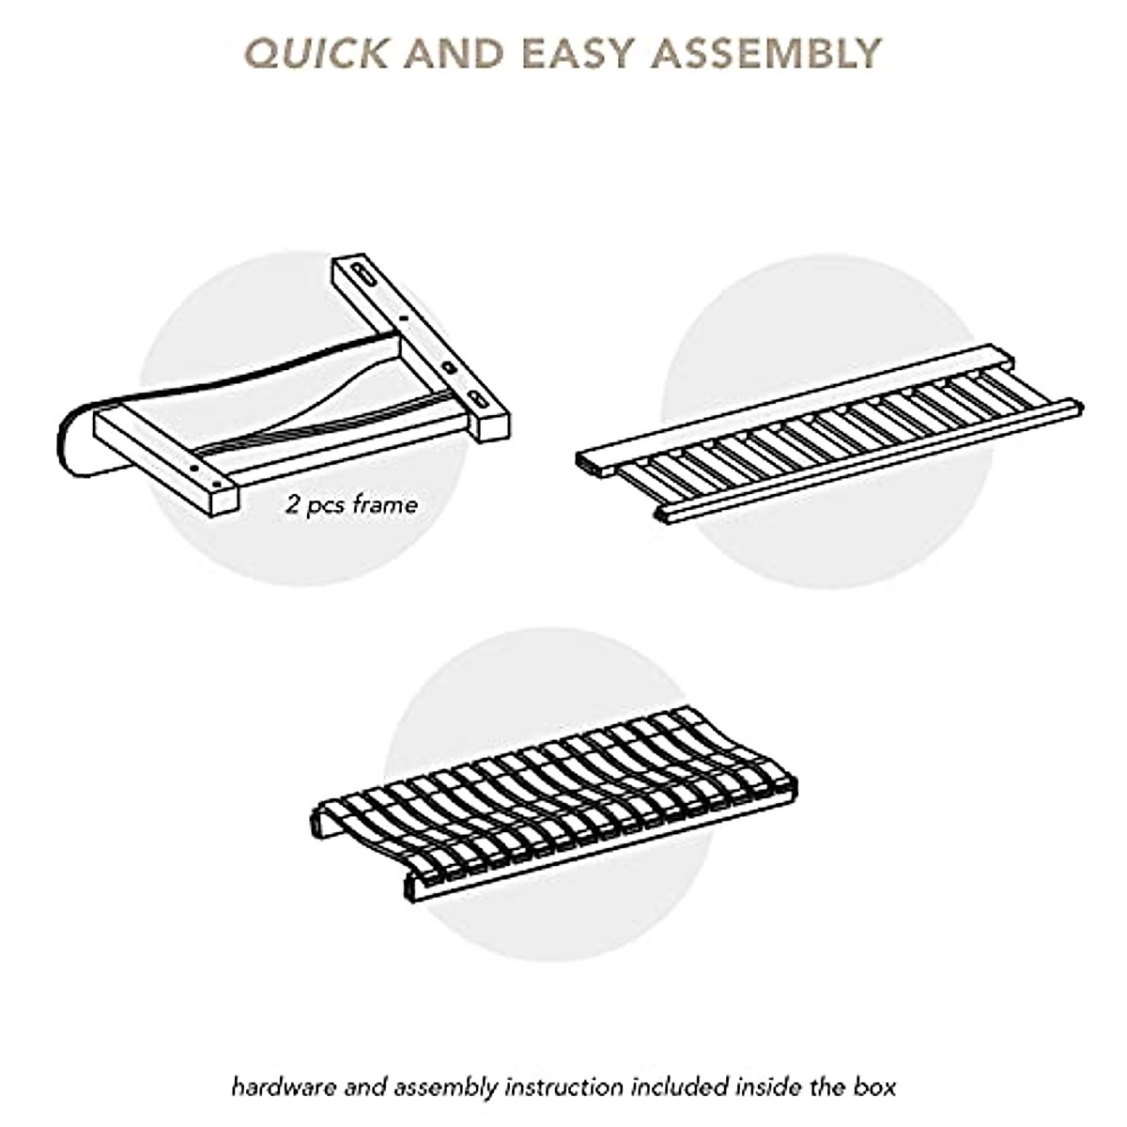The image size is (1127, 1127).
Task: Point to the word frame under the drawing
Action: coord(385,505)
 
